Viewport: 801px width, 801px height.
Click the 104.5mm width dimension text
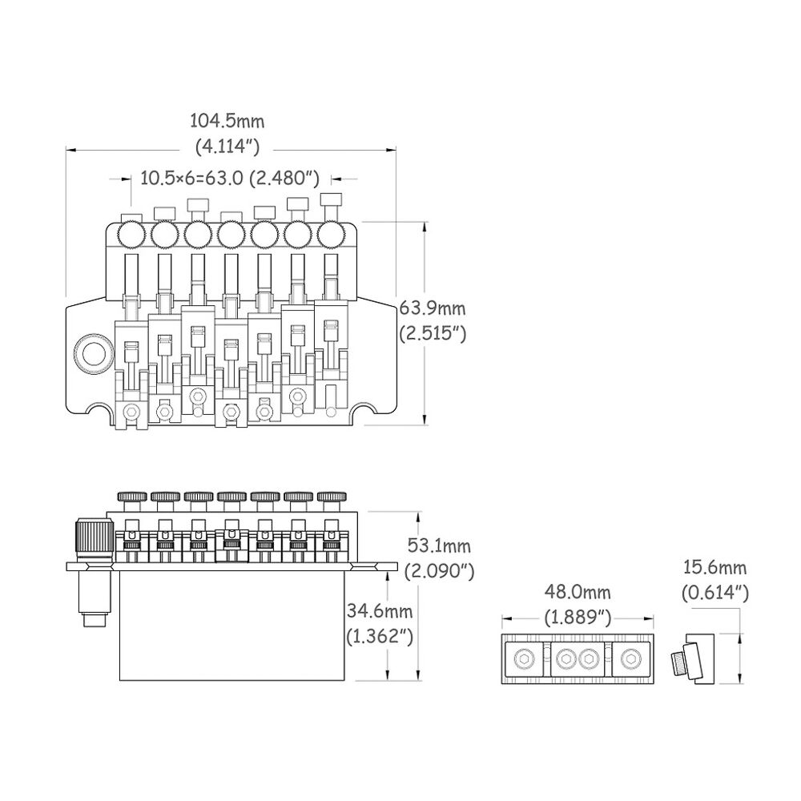tap(227, 121)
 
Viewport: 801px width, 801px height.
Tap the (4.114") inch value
tap(227, 147)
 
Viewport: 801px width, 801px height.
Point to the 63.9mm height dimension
tap(433, 308)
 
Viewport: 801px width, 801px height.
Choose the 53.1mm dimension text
tap(439, 546)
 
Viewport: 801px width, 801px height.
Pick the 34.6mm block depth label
tap(379, 611)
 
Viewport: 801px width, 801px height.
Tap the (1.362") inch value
tap(380, 636)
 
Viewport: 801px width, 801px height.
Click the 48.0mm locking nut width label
tap(578, 593)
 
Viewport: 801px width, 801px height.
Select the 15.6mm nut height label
tap(715, 568)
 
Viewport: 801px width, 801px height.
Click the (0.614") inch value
tap(715, 593)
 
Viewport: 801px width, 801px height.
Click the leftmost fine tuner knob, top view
tap(131, 235)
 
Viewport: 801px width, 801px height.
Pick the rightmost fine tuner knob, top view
tap(331, 235)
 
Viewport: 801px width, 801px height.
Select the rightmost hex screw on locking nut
tap(630, 659)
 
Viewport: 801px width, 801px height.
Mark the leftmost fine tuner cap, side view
tap(132, 497)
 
